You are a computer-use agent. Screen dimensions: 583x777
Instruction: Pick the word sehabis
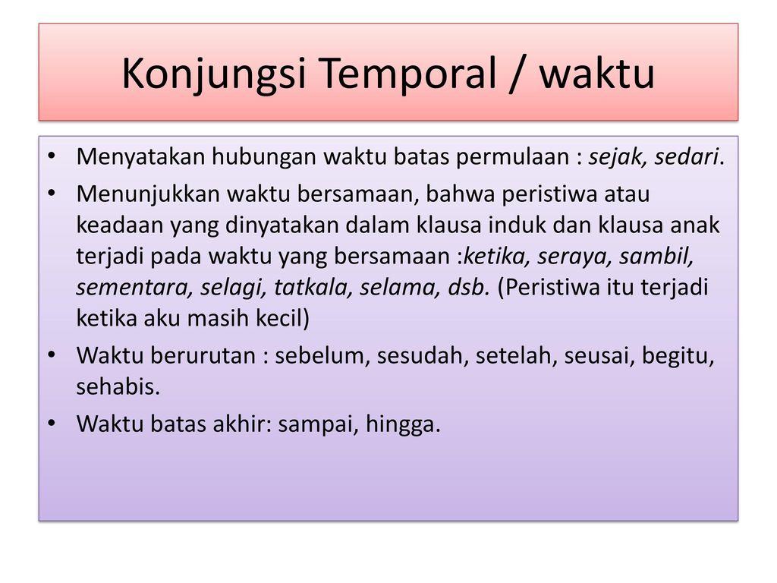(118, 387)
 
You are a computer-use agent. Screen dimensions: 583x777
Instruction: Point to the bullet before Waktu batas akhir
(52, 424)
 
